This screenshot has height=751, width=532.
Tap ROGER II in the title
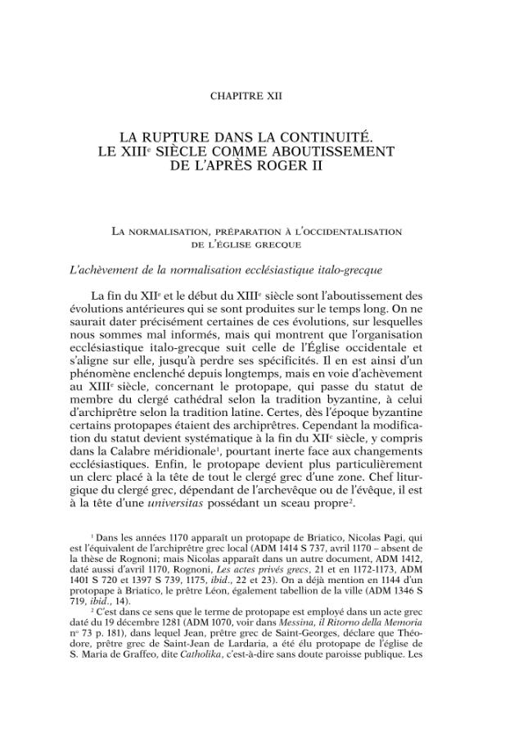[291, 165]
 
